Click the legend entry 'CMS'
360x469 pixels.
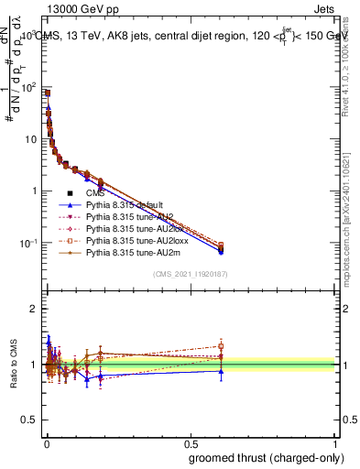click(x=96, y=193)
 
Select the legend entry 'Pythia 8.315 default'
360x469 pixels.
click(x=125, y=205)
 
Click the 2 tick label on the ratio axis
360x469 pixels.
click(x=37, y=309)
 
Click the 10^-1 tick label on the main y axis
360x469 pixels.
click(x=30, y=243)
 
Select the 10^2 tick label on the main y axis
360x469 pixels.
click(x=31, y=88)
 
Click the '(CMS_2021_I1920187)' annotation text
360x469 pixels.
click(x=191, y=274)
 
